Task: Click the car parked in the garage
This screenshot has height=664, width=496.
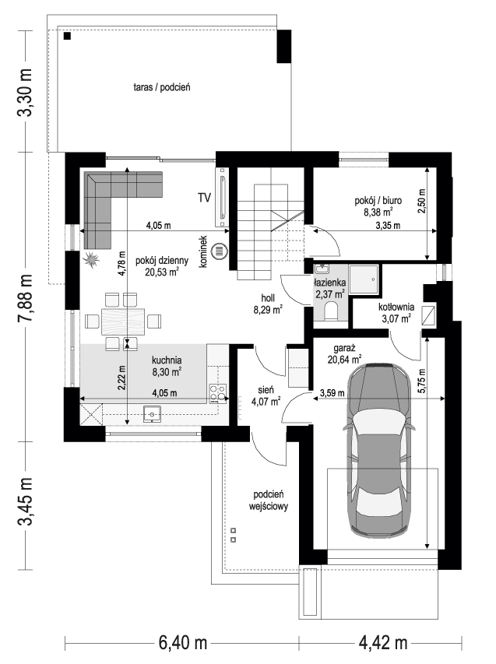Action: click(x=381, y=451)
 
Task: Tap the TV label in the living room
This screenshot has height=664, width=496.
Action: click(x=205, y=197)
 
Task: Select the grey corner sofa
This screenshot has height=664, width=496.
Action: click(x=109, y=198)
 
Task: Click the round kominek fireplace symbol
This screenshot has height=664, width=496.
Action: click(x=220, y=251)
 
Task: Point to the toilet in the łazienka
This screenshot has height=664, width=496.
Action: click(x=331, y=312)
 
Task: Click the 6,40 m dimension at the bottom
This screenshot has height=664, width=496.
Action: click(x=182, y=644)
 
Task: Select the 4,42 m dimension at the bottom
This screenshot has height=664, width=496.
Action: click(x=383, y=644)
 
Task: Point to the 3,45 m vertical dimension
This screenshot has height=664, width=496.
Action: click(x=26, y=501)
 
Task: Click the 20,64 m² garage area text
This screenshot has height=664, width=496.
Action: click(x=345, y=360)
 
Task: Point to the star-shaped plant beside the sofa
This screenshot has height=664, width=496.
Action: click(x=92, y=259)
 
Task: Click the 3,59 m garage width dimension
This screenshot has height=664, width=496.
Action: click(x=333, y=394)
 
